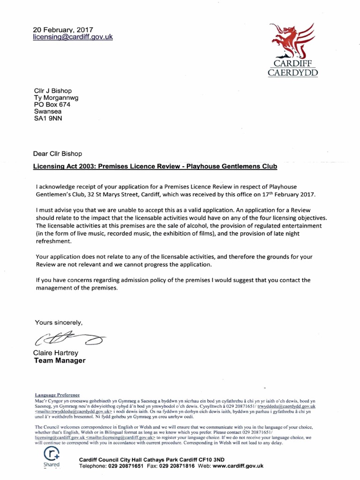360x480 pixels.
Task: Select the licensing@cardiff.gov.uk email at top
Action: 73,37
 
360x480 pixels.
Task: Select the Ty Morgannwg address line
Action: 56,98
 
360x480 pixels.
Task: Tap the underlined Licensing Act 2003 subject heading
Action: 155,166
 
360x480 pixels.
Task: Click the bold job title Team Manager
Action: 60,360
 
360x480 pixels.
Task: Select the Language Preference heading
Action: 58,395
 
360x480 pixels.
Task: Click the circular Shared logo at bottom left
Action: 50,455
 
